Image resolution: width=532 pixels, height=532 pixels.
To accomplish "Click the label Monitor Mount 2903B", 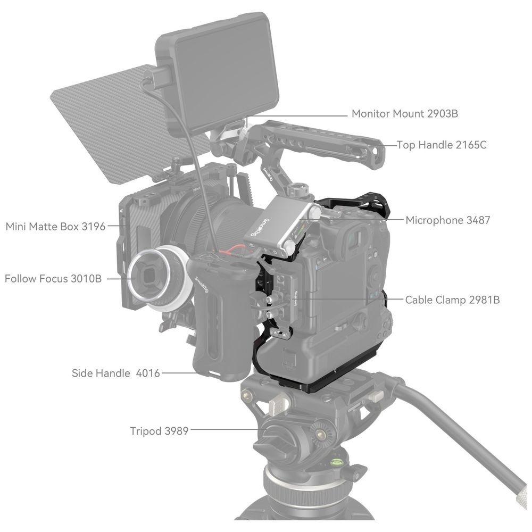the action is click(404, 113).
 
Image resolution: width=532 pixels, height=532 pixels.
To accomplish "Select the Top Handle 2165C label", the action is click(442, 145).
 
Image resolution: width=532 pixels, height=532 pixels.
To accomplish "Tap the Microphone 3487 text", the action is click(448, 220).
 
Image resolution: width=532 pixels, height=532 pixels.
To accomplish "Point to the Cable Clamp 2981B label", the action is click(452, 300).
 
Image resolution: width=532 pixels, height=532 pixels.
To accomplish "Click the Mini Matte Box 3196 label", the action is click(56, 226).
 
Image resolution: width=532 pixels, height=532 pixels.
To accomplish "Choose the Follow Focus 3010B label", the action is click(53, 279).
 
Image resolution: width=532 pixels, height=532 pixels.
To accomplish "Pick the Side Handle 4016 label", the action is click(115, 373).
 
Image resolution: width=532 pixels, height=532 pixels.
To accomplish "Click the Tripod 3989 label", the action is click(159, 431).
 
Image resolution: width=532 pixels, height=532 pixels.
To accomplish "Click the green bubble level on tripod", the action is click(337, 461).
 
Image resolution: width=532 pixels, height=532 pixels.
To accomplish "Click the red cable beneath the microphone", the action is click(234, 250).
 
